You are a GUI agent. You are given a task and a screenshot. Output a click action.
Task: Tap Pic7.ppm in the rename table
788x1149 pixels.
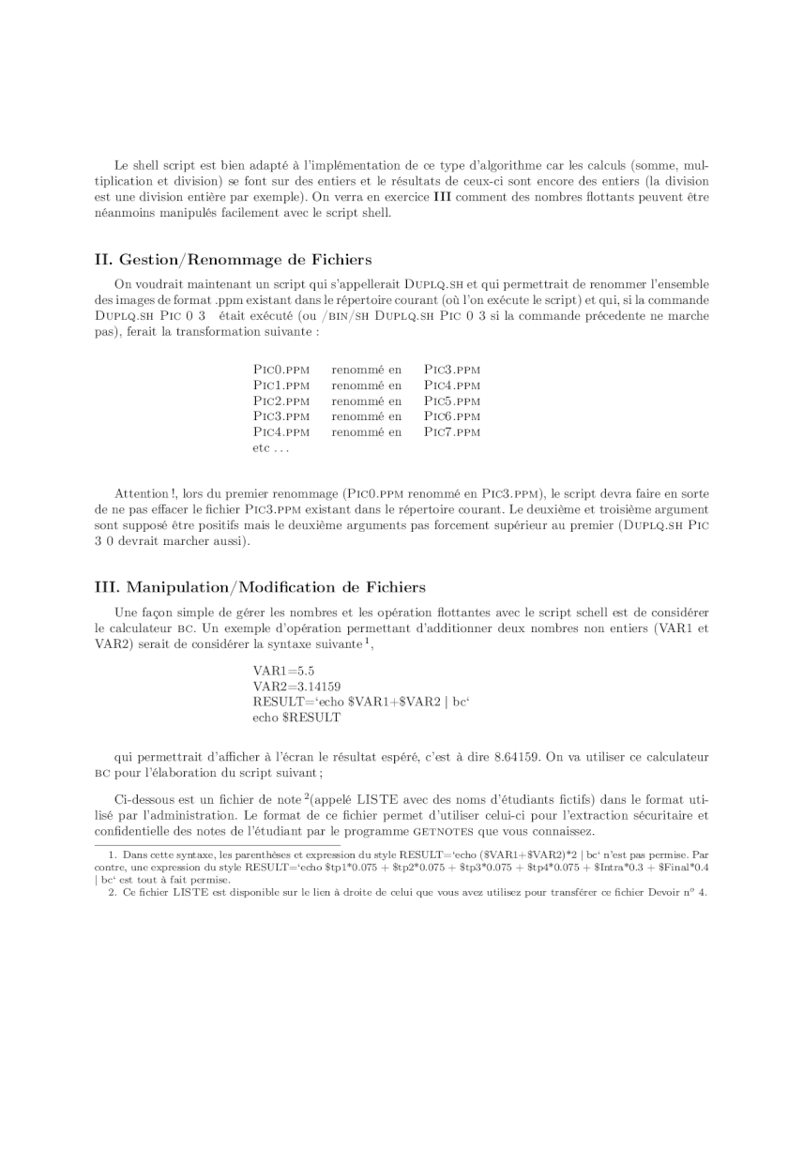click(x=452, y=432)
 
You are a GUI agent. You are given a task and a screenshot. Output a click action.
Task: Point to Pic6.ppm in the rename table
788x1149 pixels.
click(x=452, y=416)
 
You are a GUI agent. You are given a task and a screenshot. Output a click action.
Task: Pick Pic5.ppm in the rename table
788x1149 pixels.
click(x=452, y=401)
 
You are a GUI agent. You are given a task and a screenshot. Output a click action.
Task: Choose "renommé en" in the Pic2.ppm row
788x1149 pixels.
click(x=366, y=401)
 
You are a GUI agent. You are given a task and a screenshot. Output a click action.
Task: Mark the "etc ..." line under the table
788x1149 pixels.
click(x=271, y=448)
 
